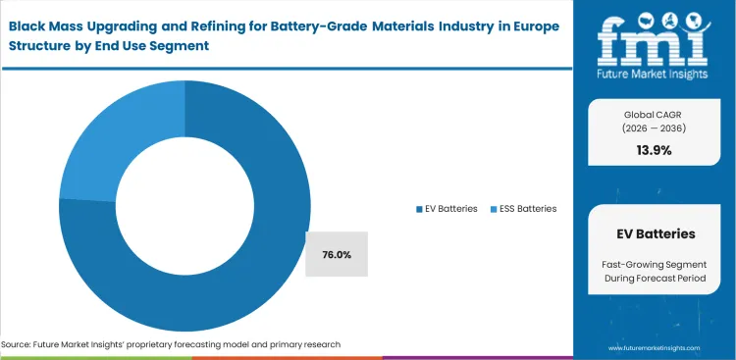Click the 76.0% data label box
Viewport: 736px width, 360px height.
[337, 255]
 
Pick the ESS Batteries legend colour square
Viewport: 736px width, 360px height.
[493, 208]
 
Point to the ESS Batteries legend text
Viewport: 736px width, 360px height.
[528, 208]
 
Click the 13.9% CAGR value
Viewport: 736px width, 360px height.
[656, 150]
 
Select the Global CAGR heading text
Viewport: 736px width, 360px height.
[656, 114]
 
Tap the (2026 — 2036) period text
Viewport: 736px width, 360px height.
[656, 128]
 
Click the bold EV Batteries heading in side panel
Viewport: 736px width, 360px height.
[656, 234]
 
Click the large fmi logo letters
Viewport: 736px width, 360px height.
[656, 36]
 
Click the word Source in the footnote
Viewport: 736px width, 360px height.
[18, 344]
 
